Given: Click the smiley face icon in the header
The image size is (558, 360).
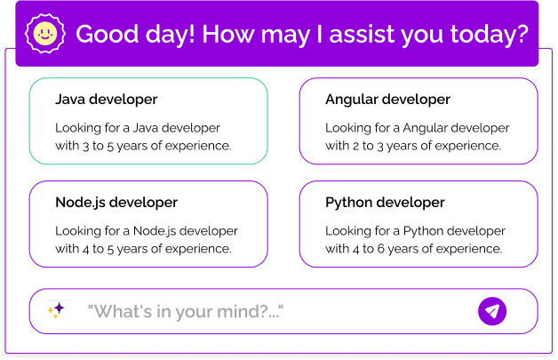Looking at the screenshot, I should (44, 34).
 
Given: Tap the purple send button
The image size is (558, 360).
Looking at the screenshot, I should (492, 311).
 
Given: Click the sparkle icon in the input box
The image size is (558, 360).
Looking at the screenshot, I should (57, 310).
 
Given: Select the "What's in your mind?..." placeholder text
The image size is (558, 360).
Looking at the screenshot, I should (185, 312).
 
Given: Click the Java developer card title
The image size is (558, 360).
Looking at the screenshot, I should (106, 100).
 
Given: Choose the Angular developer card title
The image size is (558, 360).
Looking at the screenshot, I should (387, 100).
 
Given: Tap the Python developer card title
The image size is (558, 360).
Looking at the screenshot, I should (385, 203).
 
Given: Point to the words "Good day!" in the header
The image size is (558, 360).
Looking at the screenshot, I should (134, 35).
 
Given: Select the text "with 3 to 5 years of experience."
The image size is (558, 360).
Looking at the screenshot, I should (143, 146).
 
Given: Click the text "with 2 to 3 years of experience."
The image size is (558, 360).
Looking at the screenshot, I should (413, 146).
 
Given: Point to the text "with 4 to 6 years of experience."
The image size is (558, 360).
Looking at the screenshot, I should (413, 249).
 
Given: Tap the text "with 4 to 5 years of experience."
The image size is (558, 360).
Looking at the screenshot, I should (143, 249).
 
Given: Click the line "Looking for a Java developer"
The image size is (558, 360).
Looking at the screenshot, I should (137, 128).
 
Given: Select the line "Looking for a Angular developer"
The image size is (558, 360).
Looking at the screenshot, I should (417, 128).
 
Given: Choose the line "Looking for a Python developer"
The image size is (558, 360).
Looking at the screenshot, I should (415, 231).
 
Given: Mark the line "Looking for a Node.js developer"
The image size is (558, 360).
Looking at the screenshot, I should (147, 231).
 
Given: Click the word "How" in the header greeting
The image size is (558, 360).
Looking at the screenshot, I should (224, 35).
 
